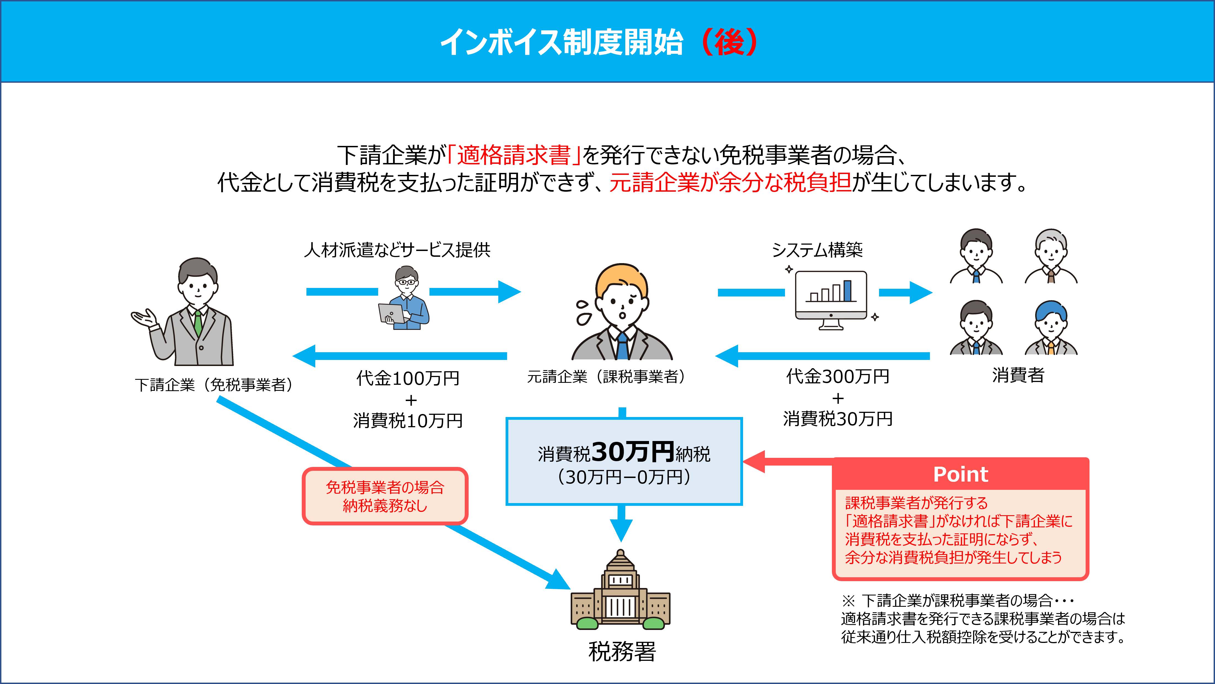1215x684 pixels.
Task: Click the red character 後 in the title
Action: pos(729,42)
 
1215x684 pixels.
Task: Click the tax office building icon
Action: pos(621,590)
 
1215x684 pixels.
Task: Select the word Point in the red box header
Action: pos(960,474)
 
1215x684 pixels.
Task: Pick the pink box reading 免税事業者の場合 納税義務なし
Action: pos(385,496)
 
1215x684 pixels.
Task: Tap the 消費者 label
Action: pos(1018,375)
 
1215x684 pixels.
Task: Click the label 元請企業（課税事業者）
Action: pos(606,376)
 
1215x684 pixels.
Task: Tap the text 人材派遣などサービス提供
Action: pos(397,250)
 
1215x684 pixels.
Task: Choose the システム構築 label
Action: pos(817,250)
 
